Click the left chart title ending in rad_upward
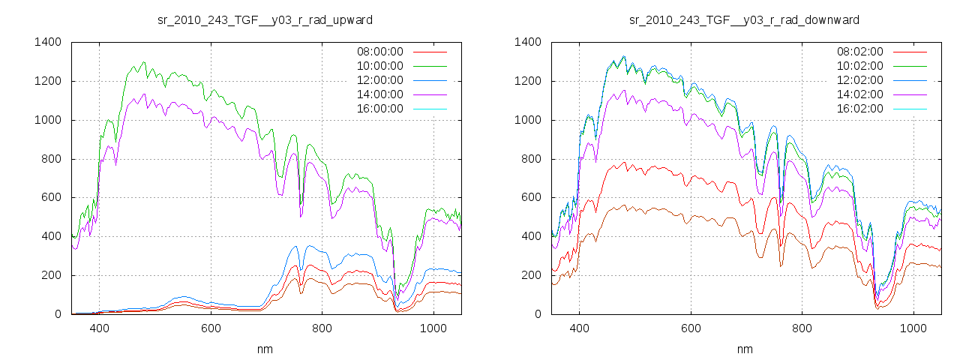click(x=265, y=19)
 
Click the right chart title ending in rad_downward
click(x=744, y=19)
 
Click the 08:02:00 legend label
click(x=859, y=52)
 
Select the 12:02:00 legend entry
click(x=859, y=80)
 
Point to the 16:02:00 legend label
click(x=859, y=109)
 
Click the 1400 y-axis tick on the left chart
click(x=49, y=42)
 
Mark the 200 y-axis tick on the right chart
click(x=532, y=275)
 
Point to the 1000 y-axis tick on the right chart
click(x=529, y=120)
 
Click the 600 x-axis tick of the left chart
click(x=211, y=328)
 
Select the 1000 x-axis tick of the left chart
click(x=433, y=328)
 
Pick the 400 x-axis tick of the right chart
click(x=579, y=328)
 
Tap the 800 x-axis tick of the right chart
click(x=802, y=328)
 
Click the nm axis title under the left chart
click(x=265, y=349)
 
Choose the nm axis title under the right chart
click(x=744, y=349)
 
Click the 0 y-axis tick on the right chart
click(x=538, y=314)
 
